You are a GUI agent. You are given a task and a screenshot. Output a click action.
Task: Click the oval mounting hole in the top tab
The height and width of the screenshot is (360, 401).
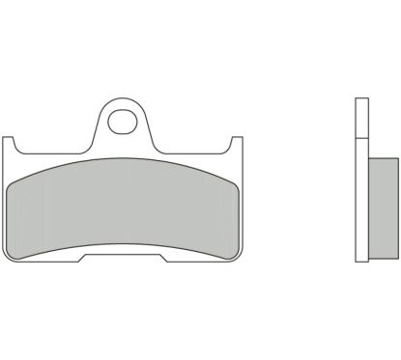[x=123, y=122]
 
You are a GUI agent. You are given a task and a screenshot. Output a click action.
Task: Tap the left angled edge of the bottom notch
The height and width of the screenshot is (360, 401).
[x=85, y=258]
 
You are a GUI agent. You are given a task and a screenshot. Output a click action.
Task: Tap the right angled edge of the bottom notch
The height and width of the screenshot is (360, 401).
[x=162, y=258]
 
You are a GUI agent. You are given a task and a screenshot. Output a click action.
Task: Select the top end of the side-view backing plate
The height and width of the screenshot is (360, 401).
[x=359, y=99]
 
